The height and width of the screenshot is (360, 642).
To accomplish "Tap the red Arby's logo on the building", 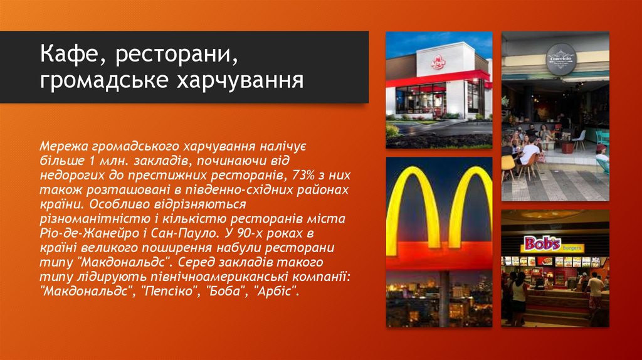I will tap(438, 62).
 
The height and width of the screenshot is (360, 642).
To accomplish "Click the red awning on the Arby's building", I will tap(439, 80).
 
